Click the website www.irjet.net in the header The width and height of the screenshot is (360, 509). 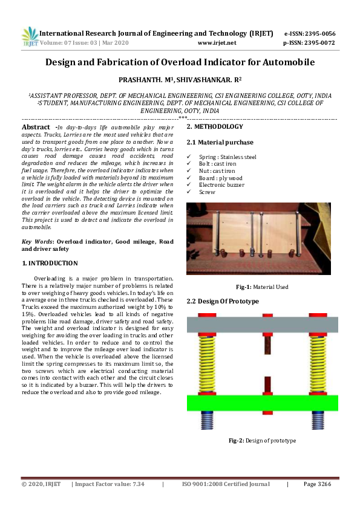click(x=217, y=43)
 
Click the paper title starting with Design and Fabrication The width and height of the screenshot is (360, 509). click(x=180, y=62)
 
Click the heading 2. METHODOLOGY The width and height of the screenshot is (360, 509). click(x=215, y=127)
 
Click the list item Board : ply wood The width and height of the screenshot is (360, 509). click(x=220, y=178)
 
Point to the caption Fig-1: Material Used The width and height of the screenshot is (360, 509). click(x=262, y=287)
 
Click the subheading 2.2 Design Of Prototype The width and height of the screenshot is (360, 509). click(x=223, y=301)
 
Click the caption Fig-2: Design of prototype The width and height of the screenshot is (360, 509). click(x=262, y=441)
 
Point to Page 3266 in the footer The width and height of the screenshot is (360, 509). click(x=318, y=484)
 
